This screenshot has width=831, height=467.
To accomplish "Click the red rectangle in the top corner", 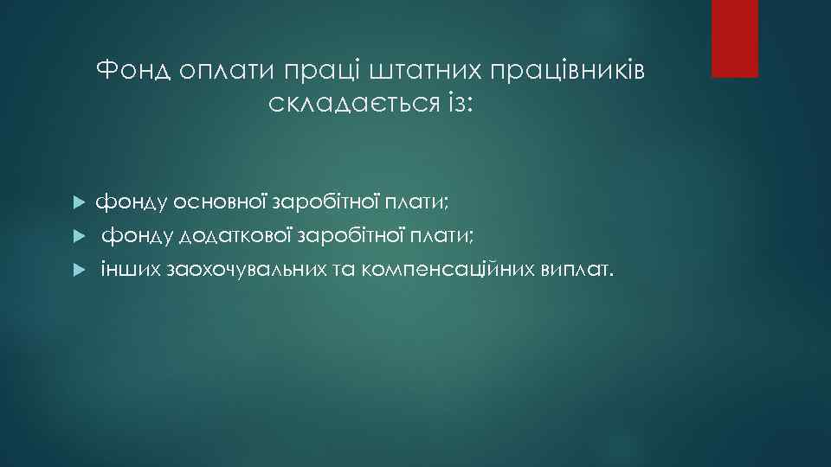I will [734, 38].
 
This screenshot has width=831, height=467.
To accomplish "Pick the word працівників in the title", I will [568, 71].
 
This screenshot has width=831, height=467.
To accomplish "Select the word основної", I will [221, 202].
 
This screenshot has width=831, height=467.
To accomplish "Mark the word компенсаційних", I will [448, 270].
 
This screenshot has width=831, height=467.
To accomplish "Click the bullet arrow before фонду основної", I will [77, 203].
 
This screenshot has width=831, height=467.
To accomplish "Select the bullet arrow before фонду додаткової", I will [77, 236].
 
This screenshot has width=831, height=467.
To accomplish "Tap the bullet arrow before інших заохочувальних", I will [77, 270].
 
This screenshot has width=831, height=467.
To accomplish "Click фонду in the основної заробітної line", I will [132, 203].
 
